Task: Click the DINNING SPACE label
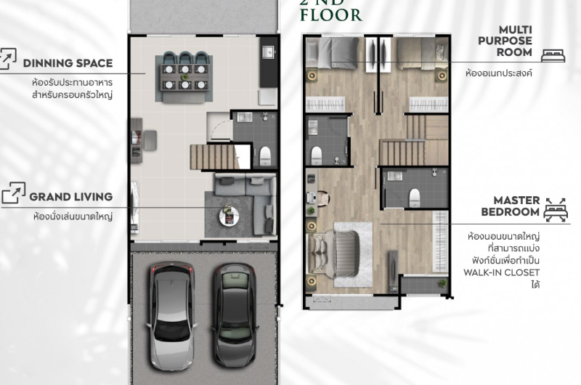[x=68, y=63]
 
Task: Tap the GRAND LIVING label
[x=70, y=197]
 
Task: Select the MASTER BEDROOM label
[x=511, y=206]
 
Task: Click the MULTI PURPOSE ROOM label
[x=505, y=41]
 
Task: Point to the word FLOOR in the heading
[x=331, y=15]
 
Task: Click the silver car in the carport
[x=171, y=316]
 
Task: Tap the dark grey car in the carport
[x=234, y=315]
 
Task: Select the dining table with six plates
[x=184, y=78]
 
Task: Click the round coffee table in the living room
[x=229, y=216]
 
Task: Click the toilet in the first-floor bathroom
[x=265, y=155]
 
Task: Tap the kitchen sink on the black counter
[x=268, y=52]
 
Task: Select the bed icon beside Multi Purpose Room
[x=553, y=56]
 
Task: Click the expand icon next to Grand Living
[x=13, y=192]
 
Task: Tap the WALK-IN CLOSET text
[x=501, y=272]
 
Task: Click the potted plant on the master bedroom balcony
[x=442, y=283]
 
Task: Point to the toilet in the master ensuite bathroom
[x=415, y=198]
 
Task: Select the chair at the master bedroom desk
[x=322, y=198]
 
